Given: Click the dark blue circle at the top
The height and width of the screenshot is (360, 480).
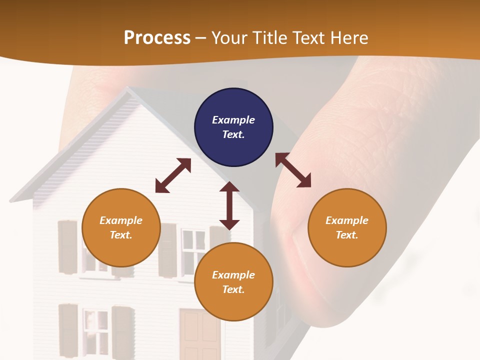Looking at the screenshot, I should [x=233, y=127].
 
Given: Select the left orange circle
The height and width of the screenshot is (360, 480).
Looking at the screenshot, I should [x=121, y=227].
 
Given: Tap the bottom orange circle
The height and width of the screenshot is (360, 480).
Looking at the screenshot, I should [x=233, y=282].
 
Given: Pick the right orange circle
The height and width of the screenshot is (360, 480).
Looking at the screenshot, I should [x=347, y=227].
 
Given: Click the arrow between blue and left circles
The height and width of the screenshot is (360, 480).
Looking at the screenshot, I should [x=173, y=175].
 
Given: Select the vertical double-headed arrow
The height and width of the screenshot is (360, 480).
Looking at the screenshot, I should [x=229, y=205].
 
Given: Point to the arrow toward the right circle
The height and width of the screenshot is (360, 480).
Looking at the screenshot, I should [x=293, y=170].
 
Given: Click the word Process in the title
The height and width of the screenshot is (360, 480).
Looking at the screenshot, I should [x=157, y=37].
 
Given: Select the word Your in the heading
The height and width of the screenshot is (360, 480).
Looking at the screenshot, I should [x=231, y=37].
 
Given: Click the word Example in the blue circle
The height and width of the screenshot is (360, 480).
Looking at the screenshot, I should [x=233, y=120].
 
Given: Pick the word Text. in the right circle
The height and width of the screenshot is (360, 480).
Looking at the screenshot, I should [x=347, y=235].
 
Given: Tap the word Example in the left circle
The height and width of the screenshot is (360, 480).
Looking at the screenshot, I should [x=121, y=220].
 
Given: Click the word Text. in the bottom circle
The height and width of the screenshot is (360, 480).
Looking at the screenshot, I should [x=233, y=289].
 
